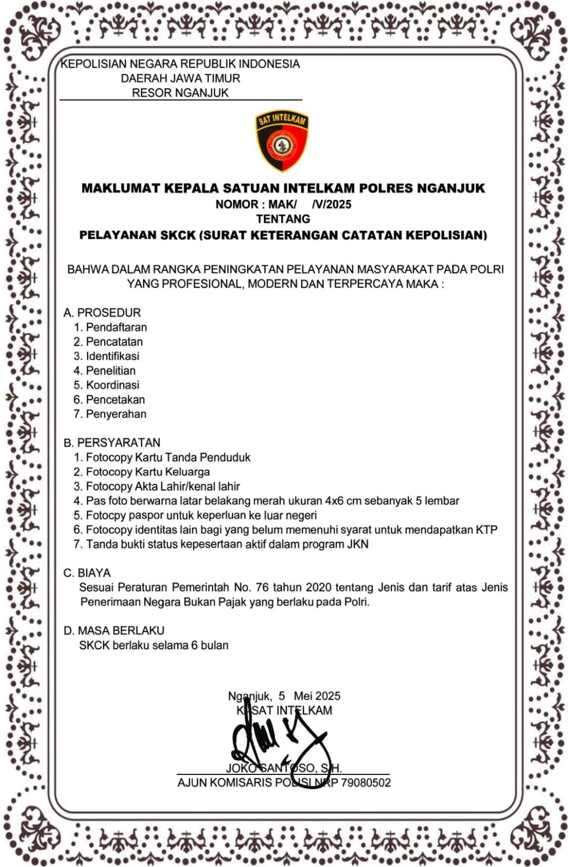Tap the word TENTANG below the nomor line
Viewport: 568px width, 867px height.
[x=283, y=219]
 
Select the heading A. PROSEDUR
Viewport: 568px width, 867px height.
[x=102, y=313]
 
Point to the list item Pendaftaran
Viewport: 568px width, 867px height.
[x=116, y=327]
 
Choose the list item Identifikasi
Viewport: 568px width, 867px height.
[x=112, y=356]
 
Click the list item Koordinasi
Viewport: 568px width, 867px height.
[x=112, y=385]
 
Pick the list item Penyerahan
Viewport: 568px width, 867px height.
[x=116, y=414]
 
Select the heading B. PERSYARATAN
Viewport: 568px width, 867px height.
[x=112, y=443]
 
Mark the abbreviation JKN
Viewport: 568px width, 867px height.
[x=357, y=544]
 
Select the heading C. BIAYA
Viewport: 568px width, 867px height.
[x=87, y=573]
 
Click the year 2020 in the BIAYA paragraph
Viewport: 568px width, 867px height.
[x=318, y=587]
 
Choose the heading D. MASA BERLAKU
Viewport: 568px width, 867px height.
[x=114, y=631]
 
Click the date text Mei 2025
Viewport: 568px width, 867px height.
[x=317, y=696]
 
